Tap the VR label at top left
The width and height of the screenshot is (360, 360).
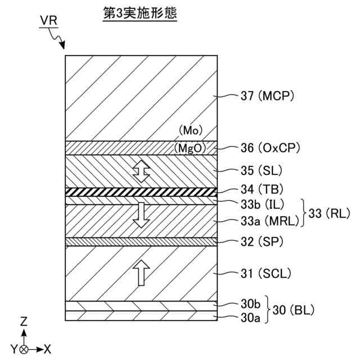49,21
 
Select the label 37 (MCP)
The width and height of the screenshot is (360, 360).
268,97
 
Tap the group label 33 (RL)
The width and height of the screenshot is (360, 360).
330,213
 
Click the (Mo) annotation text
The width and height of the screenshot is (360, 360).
190,130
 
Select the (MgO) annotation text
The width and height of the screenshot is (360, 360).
190,148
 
